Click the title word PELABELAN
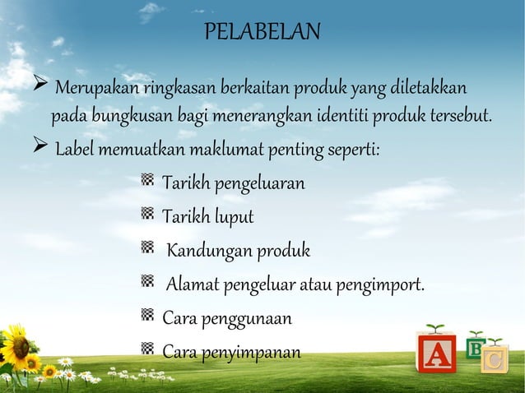click(262, 33)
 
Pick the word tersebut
click(460, 113)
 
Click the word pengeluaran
click(259, 182)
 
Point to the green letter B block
click(475, 347)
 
